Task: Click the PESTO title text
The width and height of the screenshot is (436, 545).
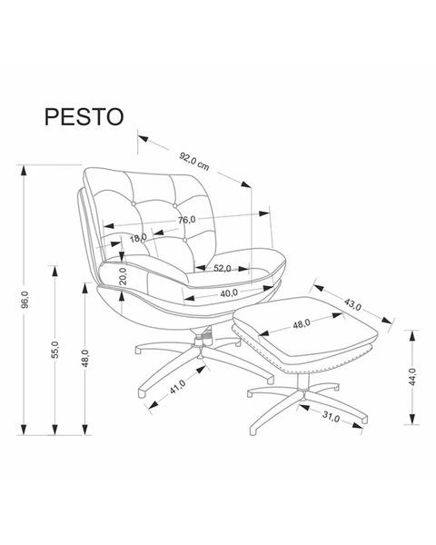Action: tap(84, 116)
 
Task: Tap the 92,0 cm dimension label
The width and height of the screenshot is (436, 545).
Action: tap(194, 162)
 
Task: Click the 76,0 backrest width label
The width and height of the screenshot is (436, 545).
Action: tap(187, 220)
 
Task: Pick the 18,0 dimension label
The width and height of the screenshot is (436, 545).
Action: tap(138, 238)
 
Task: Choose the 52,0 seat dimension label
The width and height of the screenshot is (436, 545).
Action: tap(223, 268)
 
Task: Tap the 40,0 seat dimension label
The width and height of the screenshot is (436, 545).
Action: tap(228, 293)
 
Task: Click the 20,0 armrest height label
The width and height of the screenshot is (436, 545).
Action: tap(124, 276)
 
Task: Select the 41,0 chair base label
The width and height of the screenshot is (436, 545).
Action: tap(177, 387)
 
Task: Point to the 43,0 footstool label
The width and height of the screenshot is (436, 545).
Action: tap(353, 304)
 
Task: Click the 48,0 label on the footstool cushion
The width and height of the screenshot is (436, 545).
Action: tap(301, 324)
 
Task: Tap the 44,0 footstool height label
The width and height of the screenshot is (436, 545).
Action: tap(412, 376)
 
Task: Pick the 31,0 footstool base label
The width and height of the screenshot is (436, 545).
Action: tap(331, 417)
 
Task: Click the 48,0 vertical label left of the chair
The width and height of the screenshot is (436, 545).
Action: tap(85, 359)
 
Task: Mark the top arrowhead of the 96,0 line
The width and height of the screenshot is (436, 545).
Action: tap(24, 171)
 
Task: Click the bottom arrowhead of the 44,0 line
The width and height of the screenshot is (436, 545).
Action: tap(412, 419)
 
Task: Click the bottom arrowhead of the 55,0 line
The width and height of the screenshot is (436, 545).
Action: tap(54, 429)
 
